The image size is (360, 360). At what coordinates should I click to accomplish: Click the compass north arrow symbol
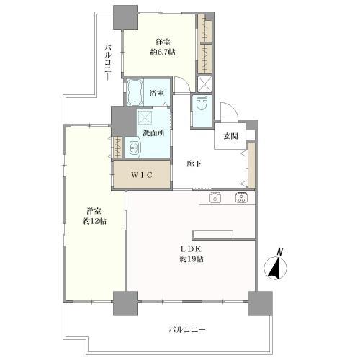point(275,268)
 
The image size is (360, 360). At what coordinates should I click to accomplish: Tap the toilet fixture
point(202,103)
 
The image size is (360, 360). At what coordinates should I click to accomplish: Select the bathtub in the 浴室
point(134,92)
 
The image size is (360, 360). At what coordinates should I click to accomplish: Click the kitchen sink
point(215,197)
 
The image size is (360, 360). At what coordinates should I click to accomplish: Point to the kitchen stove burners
point(241,197)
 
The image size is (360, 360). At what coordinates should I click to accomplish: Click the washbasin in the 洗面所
point(133,147)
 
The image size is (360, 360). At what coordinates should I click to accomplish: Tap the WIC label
point(142,175)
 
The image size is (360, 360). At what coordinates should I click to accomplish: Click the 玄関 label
point(230,136)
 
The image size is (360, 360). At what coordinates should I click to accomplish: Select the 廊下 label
point(194,164)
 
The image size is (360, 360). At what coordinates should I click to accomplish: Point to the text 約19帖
point(192,259)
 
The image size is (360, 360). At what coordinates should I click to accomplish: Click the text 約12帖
point(94,221)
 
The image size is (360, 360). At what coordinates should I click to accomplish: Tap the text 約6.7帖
point(163,52)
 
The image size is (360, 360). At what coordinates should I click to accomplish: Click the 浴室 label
point(157,94)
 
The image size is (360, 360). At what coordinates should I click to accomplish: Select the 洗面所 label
point(153,133)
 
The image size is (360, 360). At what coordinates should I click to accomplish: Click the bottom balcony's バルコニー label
point(187,330)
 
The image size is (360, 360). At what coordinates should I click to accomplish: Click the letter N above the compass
point(280,252)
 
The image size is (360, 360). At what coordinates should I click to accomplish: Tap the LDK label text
point(191,249)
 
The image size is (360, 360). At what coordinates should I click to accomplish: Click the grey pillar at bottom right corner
point(260,303)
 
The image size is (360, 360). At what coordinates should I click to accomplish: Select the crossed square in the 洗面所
point(145,117)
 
